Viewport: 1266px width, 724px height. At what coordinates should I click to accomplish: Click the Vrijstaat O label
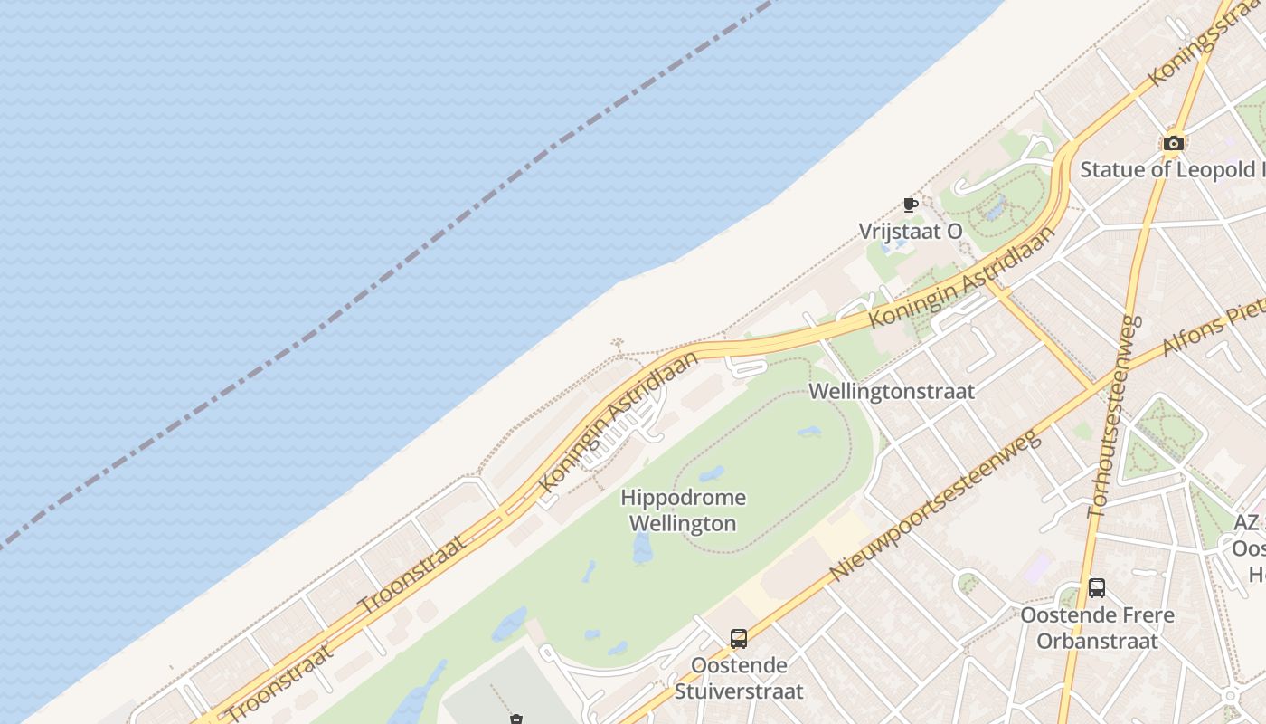tap(911, 232)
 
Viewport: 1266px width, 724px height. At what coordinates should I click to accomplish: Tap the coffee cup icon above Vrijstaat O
tap(911, 205)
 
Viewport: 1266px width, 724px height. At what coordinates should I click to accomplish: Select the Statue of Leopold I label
tap(1171, 169)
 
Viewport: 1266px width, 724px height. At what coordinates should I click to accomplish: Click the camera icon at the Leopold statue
tap(1173, 143)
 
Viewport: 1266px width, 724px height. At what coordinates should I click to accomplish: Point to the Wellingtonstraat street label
tap(892, 391)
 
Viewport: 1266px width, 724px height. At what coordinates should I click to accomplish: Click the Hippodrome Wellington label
tap(683, 510)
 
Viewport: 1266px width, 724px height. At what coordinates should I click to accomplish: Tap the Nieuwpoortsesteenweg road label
tap(936, 506)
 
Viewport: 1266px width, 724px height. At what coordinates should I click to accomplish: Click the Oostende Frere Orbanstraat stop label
tap(1097, 628)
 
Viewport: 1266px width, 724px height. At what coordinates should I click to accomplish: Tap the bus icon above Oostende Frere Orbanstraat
tap(1097, 588)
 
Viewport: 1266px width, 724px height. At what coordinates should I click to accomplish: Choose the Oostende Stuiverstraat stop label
tap(739, 679)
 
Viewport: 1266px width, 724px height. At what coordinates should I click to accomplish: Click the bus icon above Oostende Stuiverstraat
tap(739, 639)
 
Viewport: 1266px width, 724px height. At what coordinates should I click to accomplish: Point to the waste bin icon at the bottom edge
tap(516, 719)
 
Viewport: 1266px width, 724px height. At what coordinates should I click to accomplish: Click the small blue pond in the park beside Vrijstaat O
tap(995, 212)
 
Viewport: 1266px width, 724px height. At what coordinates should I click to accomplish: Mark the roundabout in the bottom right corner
tap(1230, 696)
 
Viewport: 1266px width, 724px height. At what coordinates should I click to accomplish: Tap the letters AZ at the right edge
tap(1246, 523)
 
